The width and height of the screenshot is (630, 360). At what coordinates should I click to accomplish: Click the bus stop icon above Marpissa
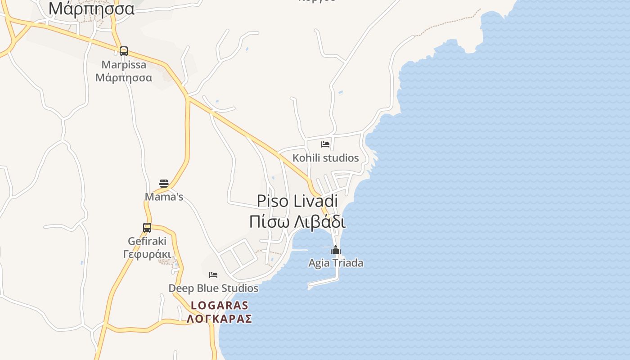(x=124, y=51)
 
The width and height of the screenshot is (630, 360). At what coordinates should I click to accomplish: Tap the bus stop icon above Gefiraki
(x=147, y=228)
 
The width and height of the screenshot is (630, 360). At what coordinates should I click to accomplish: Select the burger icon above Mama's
(x=164, y=184)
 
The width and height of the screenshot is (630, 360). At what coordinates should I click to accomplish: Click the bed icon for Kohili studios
(x=325, y=144)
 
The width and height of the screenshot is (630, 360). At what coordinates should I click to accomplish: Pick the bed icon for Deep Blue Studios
(x=213, y=274)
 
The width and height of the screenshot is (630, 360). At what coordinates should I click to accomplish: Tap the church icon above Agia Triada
(x=336, y=250)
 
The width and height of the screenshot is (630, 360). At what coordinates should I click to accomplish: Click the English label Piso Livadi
(x=297, y=201)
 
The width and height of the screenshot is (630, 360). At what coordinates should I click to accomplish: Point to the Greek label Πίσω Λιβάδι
(x=297, y=222)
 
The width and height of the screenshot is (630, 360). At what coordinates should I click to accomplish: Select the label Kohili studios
(x=326, y=158)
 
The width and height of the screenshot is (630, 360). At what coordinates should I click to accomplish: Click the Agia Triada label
(x=336, y=263)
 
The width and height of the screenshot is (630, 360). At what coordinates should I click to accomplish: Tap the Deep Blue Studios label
(x=213, y=288)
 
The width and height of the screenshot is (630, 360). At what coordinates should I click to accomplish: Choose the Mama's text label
(x=164, y=197)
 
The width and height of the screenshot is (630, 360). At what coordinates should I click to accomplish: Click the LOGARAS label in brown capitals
(x=220, y=305)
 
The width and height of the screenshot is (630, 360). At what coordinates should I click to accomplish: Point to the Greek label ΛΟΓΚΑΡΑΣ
(x=220, y=319)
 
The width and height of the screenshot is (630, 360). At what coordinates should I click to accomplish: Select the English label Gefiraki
(x=147, y=241)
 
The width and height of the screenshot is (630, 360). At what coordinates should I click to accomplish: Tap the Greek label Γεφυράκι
(x=147, y=254)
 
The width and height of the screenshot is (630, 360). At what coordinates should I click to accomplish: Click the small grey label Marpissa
(x=124, y=65)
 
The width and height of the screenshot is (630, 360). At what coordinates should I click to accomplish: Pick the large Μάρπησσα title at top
(x=91, y=9)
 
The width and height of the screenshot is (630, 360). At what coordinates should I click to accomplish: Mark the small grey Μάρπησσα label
(x=124, y=78)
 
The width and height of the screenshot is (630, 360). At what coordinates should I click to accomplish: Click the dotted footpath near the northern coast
(x=445, y=22)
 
